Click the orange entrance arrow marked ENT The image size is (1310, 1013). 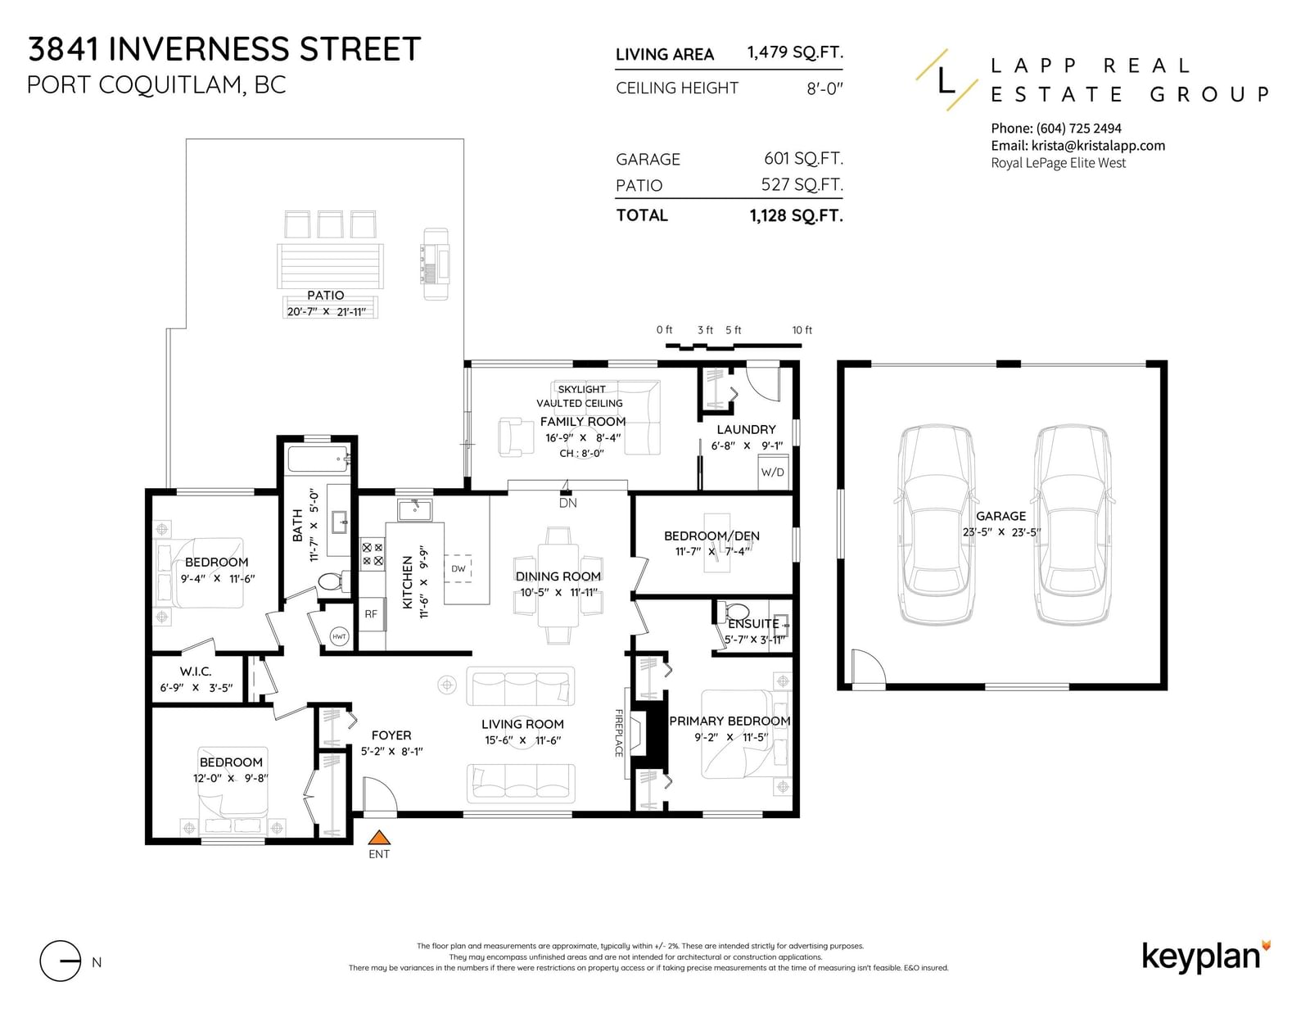378,837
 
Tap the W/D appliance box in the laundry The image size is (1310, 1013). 773,473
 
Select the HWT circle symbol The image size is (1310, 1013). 339,636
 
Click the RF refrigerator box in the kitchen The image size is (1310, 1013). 372,614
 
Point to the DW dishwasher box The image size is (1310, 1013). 458,568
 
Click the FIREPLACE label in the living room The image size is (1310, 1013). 618,733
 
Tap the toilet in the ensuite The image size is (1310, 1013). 736,612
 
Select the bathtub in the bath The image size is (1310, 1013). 318,459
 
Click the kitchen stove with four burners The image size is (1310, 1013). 372,554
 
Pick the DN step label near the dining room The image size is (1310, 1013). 568,503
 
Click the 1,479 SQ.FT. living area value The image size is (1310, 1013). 795,52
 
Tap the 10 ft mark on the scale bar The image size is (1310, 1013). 802,330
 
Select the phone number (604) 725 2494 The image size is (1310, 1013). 1078,129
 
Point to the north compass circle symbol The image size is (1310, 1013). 61,961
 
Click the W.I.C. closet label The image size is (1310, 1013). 196,672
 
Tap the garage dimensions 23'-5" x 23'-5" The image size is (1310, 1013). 1001,531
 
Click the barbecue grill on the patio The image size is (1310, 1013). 436,264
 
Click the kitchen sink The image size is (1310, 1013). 415,509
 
